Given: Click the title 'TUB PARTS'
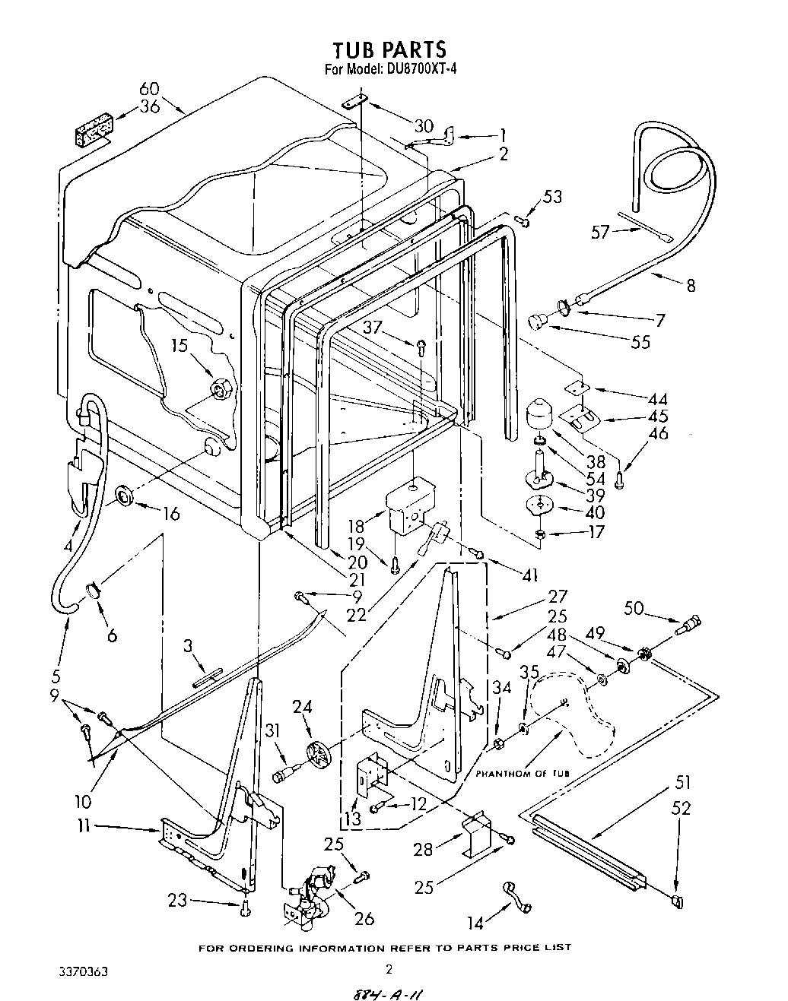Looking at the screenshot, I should tap(389, 49).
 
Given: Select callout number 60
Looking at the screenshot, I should tap(150, 90).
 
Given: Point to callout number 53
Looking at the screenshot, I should tap(552, 198).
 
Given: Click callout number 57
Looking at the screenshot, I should tap(600, 231).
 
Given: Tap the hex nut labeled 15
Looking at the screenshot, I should tap(221, 391).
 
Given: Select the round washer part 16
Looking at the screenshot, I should tap(124, 498).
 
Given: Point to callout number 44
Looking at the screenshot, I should tap(657, 399).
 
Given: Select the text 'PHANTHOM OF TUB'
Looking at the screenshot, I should tap(523, 773).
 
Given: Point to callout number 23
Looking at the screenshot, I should tap(177, 901).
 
